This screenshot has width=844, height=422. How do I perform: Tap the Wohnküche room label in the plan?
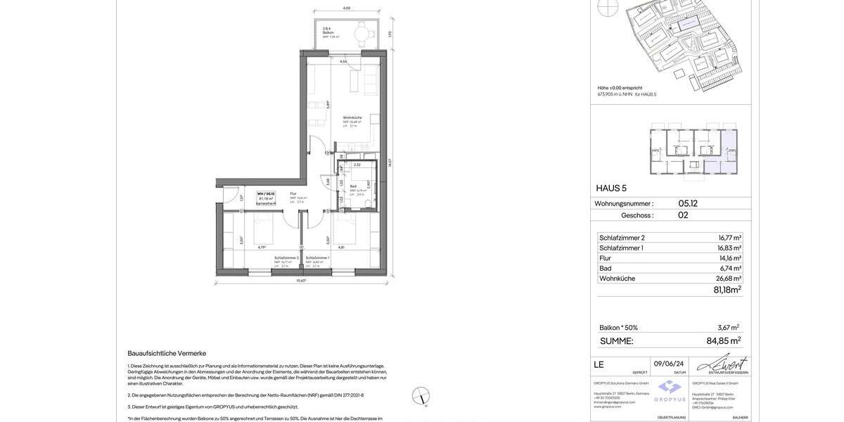pyautogui.click(x=352, y=117)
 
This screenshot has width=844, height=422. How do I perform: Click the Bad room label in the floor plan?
pyautogui.click(x=353, y=186)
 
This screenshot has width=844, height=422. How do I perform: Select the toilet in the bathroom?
pyautogui.click(x=366, y=203)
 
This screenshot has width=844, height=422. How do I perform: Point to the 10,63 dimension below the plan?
pyautogui.click(x=301, y=281)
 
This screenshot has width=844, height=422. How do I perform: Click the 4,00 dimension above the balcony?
pyautogui.click(x=347, y=8)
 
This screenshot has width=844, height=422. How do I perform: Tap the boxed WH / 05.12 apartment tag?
pyautogui.click(x=266, y=198)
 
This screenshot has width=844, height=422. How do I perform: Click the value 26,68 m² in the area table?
pyautogui.click(x=728, y=279)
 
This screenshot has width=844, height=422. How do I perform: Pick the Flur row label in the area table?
pyautogui.click(x=606, y=258)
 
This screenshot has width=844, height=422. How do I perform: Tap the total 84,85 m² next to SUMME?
pyautogui.click(x=723, y=341)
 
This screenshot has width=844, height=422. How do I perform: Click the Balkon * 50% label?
pyautogui.click(x=618, y=328)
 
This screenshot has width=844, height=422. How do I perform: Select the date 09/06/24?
pyautogui.click(x=669, y=364)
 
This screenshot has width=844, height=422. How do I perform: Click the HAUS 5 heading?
pyautogui.click(x=611, y=188)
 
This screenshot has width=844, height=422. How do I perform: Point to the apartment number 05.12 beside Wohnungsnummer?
pyautogui.click(x=688, y=204)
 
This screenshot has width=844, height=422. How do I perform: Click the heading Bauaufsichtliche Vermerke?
pyautogui.click(x=167, y=353)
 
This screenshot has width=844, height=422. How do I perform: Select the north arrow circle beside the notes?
pyautogui.click(x=421, y=396)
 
